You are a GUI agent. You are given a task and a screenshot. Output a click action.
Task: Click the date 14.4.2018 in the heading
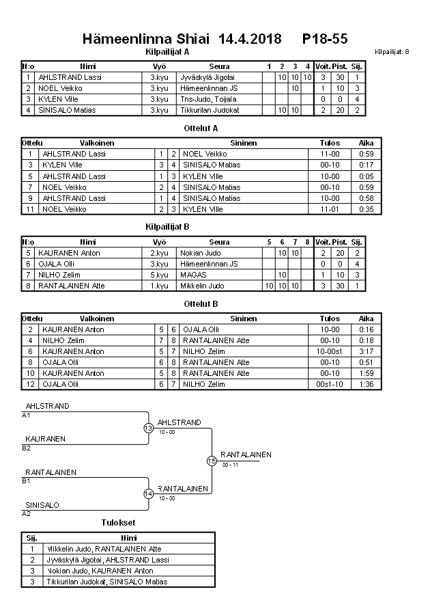(250, 40)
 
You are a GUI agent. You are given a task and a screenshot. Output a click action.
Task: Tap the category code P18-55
(325, 40)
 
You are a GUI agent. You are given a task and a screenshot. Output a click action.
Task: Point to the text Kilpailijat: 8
(392, 52)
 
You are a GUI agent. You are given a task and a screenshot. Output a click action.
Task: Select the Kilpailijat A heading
(167, 51)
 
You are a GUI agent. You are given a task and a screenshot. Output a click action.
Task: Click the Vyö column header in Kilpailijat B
(160, 242)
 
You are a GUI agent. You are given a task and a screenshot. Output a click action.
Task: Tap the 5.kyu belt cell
(159, 275)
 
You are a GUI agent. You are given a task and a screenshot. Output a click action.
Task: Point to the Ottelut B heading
(201, 303)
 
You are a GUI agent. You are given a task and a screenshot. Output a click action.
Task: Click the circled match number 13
(149, 428)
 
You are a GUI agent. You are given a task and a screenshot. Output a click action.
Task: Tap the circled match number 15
(212, 461)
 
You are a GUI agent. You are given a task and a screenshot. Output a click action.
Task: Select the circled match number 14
(149, 493)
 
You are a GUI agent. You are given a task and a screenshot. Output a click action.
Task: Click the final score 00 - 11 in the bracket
(230, 465)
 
